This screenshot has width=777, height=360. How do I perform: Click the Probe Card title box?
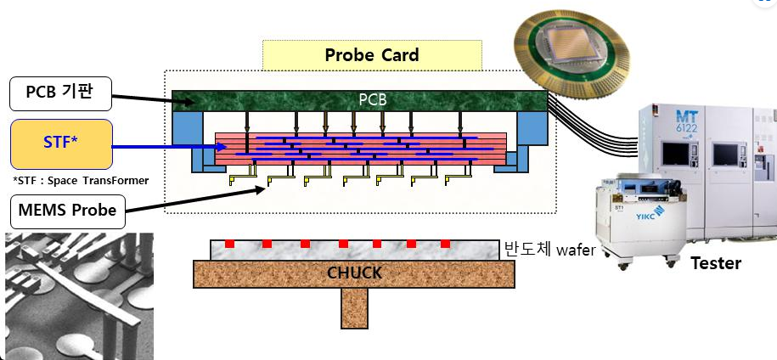[x=372, y=55]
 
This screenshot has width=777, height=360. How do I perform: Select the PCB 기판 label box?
[x=60, y=93]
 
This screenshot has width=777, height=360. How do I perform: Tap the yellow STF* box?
[x=60, y=143]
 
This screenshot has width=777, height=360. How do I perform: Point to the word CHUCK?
[x=354, y=273]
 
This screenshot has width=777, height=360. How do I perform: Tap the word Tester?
[x=715, y=264]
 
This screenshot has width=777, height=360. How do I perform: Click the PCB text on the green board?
[x=372, y=99]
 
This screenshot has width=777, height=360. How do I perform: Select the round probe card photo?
[x=571, y=51]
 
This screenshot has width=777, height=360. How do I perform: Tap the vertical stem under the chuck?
[x=354, y=308]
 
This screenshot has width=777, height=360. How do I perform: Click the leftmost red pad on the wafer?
[x=229, y=245]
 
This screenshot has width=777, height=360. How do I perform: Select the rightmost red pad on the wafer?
[x=444, y=245]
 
